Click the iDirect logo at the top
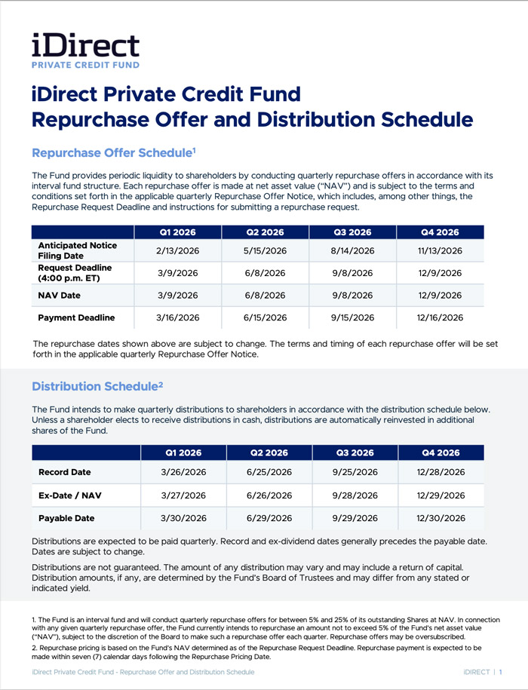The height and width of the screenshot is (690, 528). click(x=85, y=51)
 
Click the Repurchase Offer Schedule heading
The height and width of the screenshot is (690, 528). click(x=114, y=153)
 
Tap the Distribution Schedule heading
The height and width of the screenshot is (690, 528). click(x=97, y=387)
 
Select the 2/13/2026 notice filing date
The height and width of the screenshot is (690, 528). click(x=177, y=250)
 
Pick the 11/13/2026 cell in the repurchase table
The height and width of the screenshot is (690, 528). click(x=441, y=250)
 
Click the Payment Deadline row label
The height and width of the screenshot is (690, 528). click(x=76, y=317)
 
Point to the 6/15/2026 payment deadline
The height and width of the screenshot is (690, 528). click(x=266, y=317)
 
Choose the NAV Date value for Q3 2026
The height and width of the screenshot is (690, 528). click(x=353, y=295)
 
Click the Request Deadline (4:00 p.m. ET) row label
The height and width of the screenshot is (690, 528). click(x=75, y=273)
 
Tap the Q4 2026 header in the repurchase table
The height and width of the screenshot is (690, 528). click(x=441, y=232)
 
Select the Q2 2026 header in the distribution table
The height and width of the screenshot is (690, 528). click(x=269, y=453)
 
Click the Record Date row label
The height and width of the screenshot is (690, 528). click(x=64, y=473)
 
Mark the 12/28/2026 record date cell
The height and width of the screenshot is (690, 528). click(x=441, y=473)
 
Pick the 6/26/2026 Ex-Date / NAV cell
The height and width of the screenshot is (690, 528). click(x=269, y=495)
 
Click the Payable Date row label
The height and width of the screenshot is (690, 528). click(x=66, y=518)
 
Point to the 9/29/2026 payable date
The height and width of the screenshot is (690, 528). click(x=355, y=518)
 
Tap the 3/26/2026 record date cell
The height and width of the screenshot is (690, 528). click(x=184, y=473)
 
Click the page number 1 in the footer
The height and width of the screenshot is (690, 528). click(x=501, y=672)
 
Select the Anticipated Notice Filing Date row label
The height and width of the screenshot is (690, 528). click(x=77, y=250)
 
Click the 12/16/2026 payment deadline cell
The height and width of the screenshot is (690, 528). click(x=441, y=317)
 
